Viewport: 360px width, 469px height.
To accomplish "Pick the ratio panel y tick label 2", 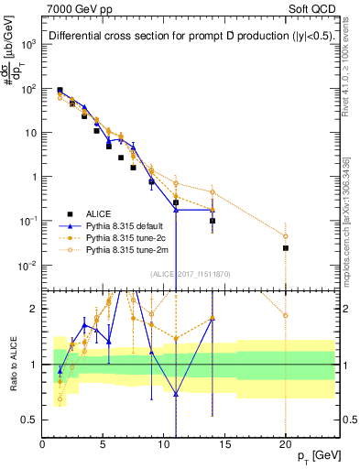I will click(34, 308).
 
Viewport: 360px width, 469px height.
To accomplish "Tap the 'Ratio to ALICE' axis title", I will click(10, 364).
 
